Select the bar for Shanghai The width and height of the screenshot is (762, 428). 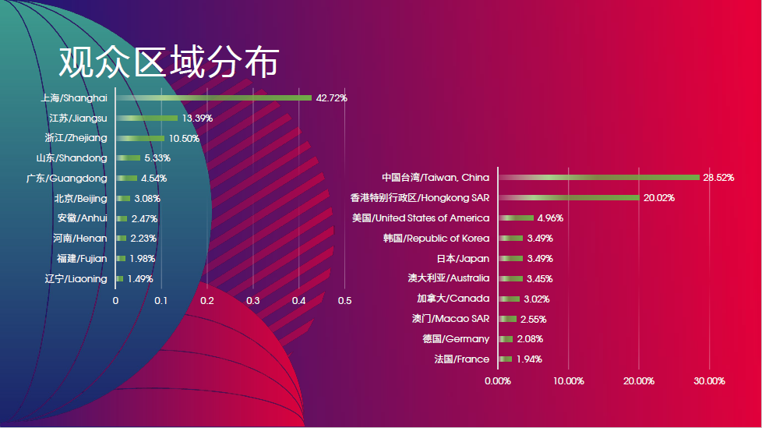coord(213,98)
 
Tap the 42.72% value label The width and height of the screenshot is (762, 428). coord(331,98)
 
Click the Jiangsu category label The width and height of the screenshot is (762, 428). coord(78,118)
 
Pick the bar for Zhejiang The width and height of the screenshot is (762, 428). coord(140,138)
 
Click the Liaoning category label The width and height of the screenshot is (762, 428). coord(76,278)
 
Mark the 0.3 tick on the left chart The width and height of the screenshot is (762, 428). coord(253,300)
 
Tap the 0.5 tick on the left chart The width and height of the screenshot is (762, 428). coord(344,300)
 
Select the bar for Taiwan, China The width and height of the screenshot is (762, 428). coord(598,178)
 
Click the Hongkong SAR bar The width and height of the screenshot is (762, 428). coord(568,198)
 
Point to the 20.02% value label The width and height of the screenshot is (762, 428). coord(659,198)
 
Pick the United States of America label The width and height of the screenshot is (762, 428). coord(421,218)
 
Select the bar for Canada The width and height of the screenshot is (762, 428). coord(509,299)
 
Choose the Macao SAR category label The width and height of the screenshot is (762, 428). coord(451,319)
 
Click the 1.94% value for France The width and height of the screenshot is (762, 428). coord(529,359)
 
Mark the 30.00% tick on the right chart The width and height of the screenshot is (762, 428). coord(709,381)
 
